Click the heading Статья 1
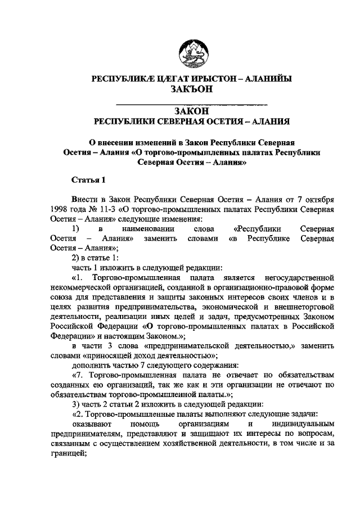89,180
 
